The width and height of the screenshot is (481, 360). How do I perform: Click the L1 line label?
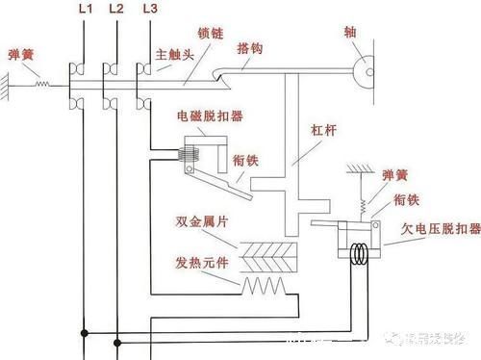click(84, 10)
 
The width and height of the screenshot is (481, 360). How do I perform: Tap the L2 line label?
click(116, 10)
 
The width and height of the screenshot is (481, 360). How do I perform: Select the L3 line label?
click(148, 10)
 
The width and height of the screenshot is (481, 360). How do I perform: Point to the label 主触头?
click(174, 56)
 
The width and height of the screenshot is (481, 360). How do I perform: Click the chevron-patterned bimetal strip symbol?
click(267, 255)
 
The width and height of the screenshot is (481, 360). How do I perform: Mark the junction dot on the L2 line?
click(115, 341)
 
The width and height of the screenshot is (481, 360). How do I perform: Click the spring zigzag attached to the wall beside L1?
click(41, 85)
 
